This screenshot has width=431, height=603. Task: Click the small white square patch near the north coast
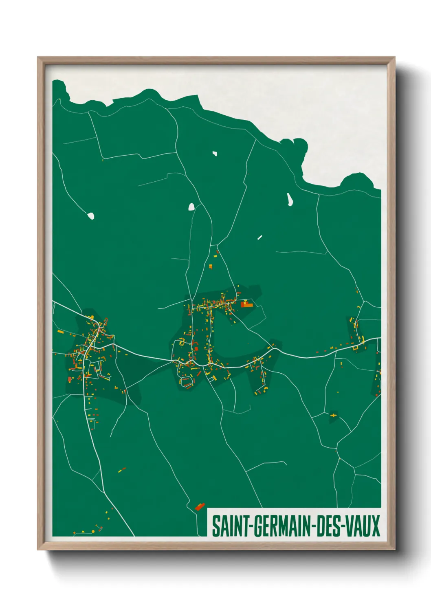pos(215,154)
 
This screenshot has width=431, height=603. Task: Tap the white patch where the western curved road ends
pos(91,216)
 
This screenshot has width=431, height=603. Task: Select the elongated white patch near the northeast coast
pos(290,199)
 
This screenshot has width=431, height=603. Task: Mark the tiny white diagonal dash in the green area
pos(259,237)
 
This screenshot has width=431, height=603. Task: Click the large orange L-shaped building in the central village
pos(246,304)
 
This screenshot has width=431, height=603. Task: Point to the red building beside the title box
pos(200,506)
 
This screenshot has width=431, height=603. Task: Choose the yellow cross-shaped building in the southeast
pos(334,415)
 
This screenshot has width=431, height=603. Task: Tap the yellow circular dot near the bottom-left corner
pos(93,531)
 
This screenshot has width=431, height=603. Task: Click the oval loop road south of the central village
pos(187,382)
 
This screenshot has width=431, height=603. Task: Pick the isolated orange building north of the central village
pos(211,266)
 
